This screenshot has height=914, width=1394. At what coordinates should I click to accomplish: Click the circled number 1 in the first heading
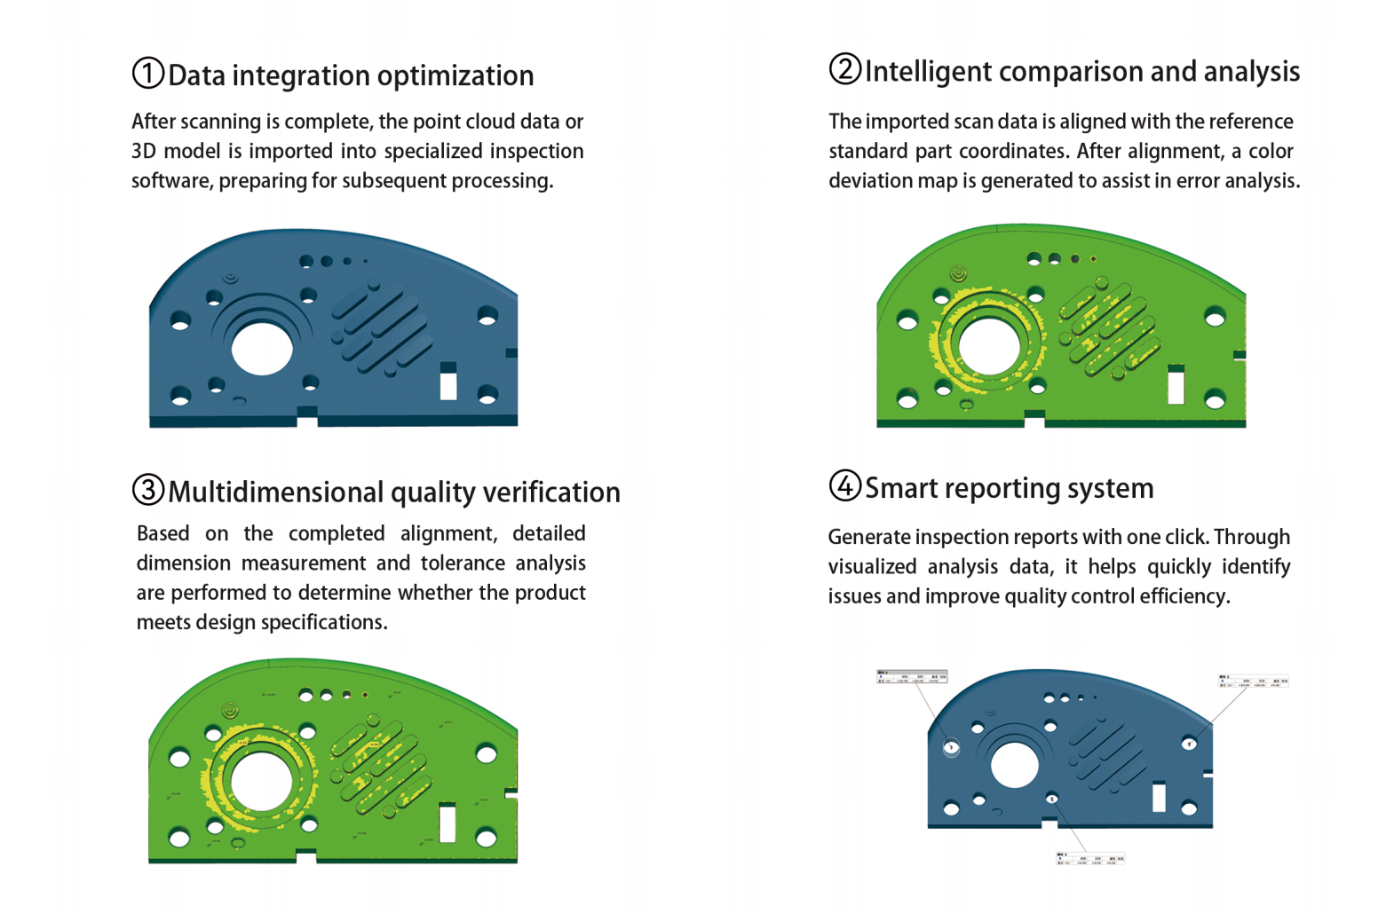pyautogui.click(x=147, y=74)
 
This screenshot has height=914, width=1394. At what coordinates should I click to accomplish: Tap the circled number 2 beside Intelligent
pyautogui.click(x=844, y=69)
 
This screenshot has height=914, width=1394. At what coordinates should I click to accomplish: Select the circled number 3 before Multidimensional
pyautogui.click(x=147, y=490)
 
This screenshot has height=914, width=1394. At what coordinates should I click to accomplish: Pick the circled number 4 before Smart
pyautogui.click(x=844, y=485)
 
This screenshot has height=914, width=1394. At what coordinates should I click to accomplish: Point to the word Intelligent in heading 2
pyautogui.click(x=928, y=72)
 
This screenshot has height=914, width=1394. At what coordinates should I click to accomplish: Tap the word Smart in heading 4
pyautogui.click(x=900, y=488)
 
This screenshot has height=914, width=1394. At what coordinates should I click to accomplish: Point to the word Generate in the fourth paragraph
pyautogui.click(x=868, y=538)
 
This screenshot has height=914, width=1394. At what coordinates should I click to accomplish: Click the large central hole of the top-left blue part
pyautogui.click(x=262, y=349)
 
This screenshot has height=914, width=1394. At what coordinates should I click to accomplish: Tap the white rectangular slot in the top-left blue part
pyautogui.click(x=448, y=384)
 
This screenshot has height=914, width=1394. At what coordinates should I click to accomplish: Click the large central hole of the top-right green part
pyautogui.click(x=990, y=346)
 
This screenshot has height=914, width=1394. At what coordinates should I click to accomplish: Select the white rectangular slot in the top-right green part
pyautogui.click(x=1176, y=387)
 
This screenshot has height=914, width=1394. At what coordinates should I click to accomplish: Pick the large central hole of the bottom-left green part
pyautogui.click(x=261, y=782)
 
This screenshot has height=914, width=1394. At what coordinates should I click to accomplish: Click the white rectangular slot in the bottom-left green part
pyautogui.click(x=448, y=823)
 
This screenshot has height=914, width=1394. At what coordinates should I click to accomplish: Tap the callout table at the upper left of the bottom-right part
pyautogui.click(x=912, y=677)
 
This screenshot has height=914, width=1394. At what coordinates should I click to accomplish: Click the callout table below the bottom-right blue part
pyautogui.click(x=1089, y=859)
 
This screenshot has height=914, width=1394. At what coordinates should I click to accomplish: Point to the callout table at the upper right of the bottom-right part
pyautogui.click(x=1253, y=682)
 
